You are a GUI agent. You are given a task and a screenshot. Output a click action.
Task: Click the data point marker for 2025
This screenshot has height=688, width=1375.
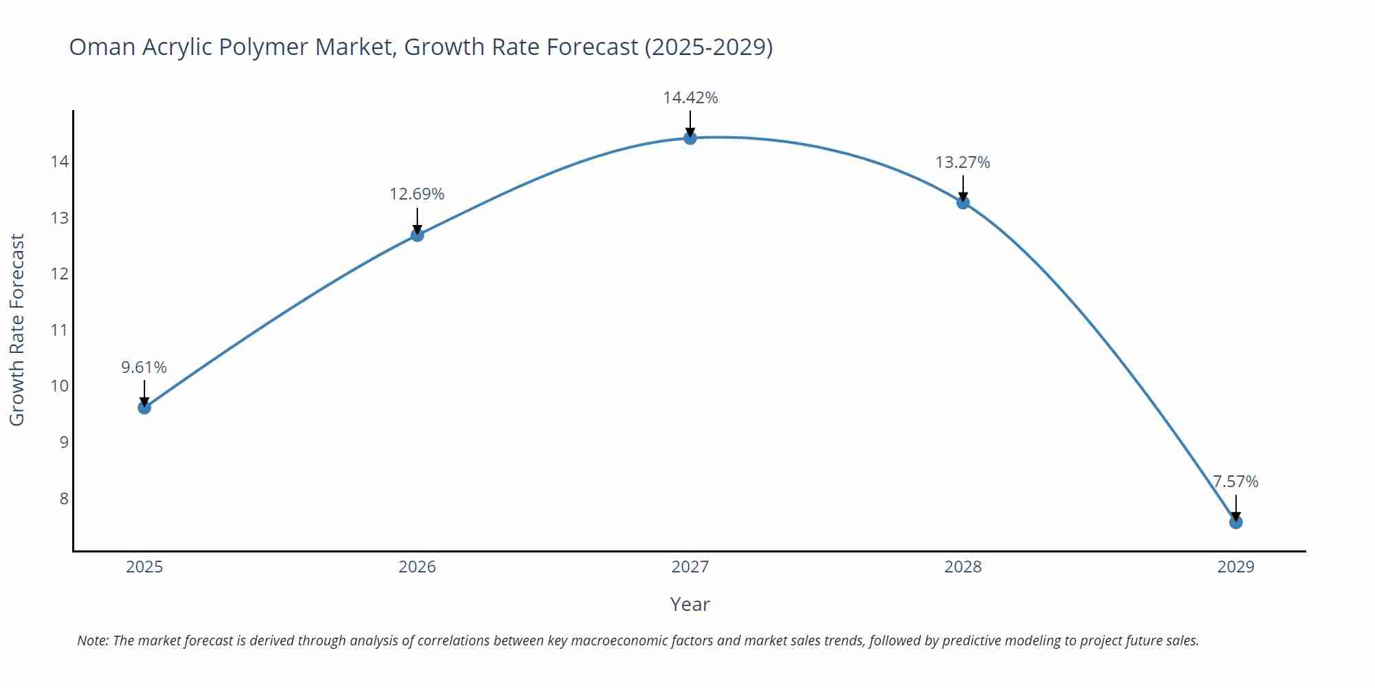point(144,407)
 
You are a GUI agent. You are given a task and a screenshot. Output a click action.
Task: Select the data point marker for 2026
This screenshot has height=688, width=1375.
point(417,235)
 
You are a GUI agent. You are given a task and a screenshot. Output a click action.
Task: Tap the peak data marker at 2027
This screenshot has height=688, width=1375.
point(690,138)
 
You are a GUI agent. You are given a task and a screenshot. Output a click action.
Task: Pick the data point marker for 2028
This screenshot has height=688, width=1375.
point(963,202)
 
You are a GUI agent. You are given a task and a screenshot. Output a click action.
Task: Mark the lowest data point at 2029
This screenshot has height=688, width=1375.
point(1235,522)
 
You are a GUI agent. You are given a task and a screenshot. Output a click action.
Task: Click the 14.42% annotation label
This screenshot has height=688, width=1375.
point(690,98)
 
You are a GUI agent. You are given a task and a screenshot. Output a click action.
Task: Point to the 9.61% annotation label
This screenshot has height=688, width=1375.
point(144,367)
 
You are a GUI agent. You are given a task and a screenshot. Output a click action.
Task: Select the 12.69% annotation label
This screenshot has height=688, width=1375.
point(417,194)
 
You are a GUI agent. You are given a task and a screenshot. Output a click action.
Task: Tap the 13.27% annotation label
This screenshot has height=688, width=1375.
point(962,162)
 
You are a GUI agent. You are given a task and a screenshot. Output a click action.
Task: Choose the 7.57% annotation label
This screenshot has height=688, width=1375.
point(1235,482)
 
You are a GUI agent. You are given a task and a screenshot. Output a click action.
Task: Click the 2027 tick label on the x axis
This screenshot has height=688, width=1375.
point(690,567)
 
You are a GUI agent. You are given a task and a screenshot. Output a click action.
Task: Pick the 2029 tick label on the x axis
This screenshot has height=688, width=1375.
point(1235,567)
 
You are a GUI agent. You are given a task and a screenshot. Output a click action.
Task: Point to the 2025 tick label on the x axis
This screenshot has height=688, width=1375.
point(144,567)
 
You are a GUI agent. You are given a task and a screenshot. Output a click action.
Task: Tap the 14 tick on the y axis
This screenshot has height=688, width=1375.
point(60,162)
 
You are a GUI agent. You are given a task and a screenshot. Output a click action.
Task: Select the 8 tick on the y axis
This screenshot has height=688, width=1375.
point(64,498)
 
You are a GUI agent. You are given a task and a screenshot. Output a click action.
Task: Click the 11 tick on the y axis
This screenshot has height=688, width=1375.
point(60,330)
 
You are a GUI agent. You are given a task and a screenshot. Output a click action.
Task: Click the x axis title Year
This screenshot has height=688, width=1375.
point(690,604)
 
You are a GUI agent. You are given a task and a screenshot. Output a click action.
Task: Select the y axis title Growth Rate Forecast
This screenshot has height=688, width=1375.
point(16,330)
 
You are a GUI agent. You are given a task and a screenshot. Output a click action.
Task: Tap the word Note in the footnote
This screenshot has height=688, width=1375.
point(92,641)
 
